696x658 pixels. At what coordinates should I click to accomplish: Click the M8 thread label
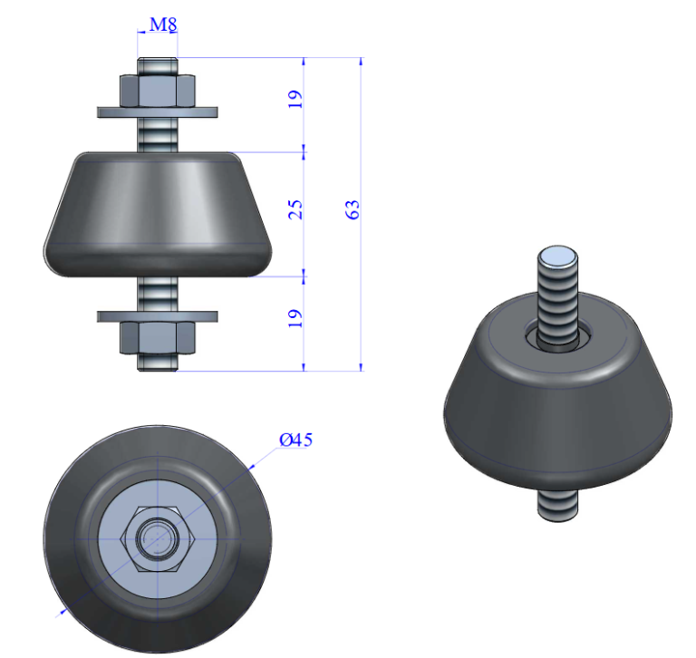(162, 24)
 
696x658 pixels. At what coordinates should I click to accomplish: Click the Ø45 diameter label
(295, 440)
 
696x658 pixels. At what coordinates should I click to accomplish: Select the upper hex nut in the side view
(158, 90)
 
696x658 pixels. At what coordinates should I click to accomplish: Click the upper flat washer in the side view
(158, 112)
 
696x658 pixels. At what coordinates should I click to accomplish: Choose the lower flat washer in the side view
(158, 315)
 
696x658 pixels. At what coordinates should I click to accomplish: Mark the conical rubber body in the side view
(158, 213)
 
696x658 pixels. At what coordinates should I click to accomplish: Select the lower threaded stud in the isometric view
(558, 503)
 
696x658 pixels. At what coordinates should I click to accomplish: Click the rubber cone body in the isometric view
(557, 408)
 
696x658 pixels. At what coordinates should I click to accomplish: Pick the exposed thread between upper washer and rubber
(158, 133)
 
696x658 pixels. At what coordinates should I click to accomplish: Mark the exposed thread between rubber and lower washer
(158, 292)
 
